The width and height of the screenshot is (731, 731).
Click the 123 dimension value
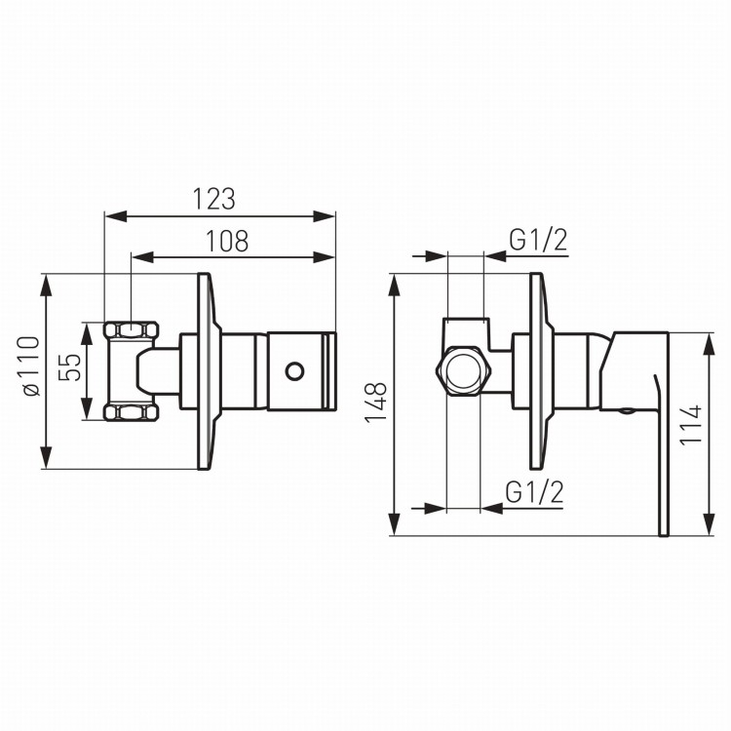coord(214,199)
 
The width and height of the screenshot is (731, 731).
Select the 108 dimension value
coord(227,241)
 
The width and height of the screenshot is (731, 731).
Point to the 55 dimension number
coord(70,367)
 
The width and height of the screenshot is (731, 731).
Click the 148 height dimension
coord(376,402)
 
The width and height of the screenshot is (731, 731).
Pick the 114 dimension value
coord(691,425)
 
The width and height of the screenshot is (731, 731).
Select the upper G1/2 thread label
coord(538,241)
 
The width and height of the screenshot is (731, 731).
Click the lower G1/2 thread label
coord(535,492)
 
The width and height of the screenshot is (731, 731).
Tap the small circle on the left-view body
coord(294,371)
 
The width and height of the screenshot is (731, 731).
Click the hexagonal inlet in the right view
coord(463,371)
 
